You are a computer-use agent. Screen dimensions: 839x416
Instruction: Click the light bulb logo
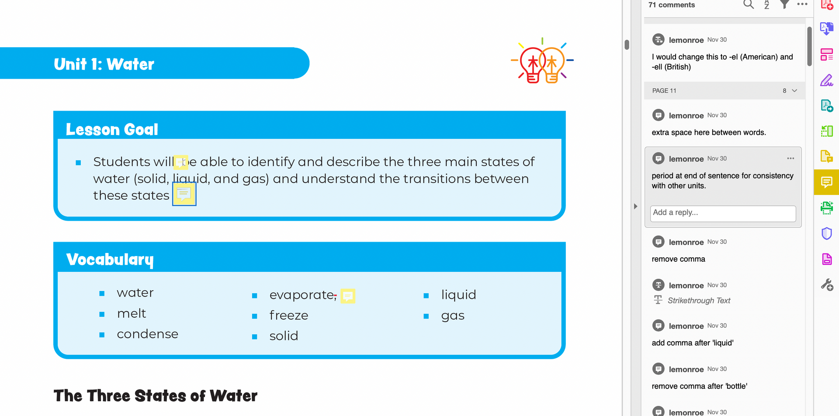tap(542, 61)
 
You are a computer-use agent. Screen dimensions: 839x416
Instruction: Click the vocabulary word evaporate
tap(302, 295)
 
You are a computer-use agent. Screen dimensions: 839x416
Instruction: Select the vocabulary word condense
tap(148, 334)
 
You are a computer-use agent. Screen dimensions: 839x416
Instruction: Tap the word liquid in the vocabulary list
tap(458, 295)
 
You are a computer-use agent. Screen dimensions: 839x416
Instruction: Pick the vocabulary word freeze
tap(289, 315)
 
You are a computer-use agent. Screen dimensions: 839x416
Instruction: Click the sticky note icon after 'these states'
tap(184, 194)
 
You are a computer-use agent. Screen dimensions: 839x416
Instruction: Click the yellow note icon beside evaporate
tap(348, 296)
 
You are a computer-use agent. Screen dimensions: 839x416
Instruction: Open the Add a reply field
tap(723, 213)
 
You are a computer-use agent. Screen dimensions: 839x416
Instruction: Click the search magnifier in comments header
tap(749, 5)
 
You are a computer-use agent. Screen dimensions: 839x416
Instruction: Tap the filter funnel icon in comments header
tap(785, 5)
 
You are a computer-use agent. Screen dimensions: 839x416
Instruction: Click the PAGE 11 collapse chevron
tap(794, 90)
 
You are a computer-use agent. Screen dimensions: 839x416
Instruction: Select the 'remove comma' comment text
tap(678, 259)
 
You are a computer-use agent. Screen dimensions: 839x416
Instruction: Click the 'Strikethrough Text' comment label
tap(699, 301)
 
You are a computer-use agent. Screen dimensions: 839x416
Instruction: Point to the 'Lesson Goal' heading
tap(112, 129)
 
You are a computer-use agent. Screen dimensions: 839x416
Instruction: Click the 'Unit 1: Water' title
tap(104, 64)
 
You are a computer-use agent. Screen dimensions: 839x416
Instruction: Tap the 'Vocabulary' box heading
tap(110, 260)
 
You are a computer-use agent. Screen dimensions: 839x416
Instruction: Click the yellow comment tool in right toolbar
tap(826, 182)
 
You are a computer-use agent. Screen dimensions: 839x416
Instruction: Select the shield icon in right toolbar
tap(826, 233)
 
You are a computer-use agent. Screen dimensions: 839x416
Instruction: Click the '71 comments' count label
tap(671, 5)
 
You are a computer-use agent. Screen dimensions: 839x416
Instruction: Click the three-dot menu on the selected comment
tap(790, 158)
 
